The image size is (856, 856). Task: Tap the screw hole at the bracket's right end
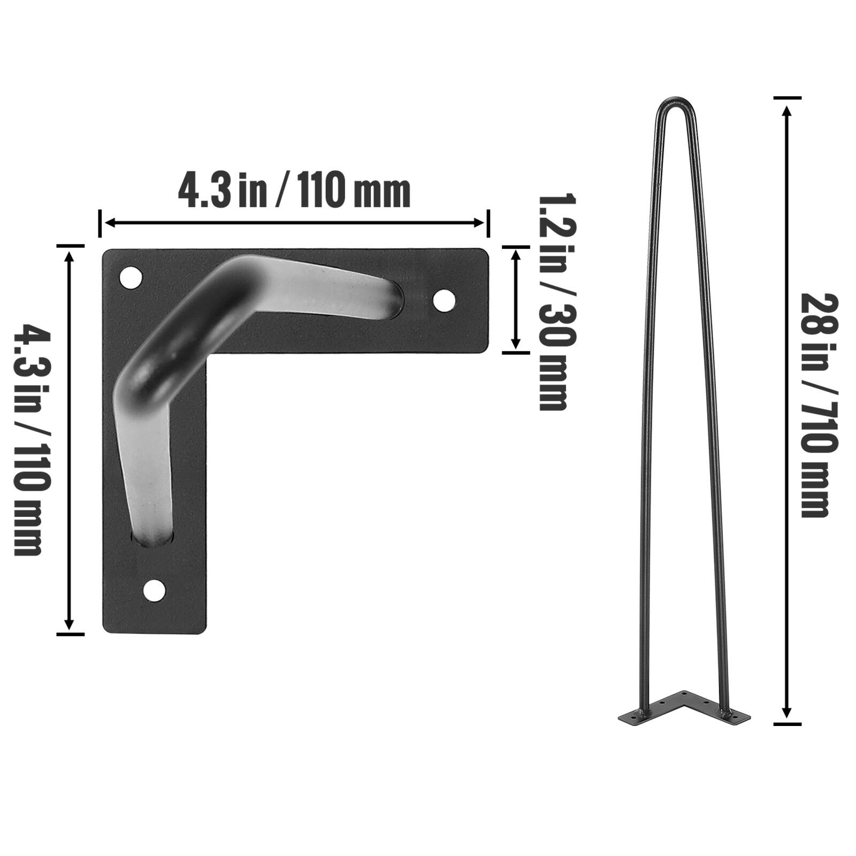444,301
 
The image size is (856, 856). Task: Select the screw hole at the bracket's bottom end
155,590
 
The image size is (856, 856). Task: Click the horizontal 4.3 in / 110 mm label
294,192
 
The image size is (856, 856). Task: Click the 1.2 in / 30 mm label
552,302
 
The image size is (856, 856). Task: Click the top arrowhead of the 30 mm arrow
516,254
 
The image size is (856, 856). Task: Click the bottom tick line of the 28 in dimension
787,724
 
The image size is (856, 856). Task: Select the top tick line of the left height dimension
70,246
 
